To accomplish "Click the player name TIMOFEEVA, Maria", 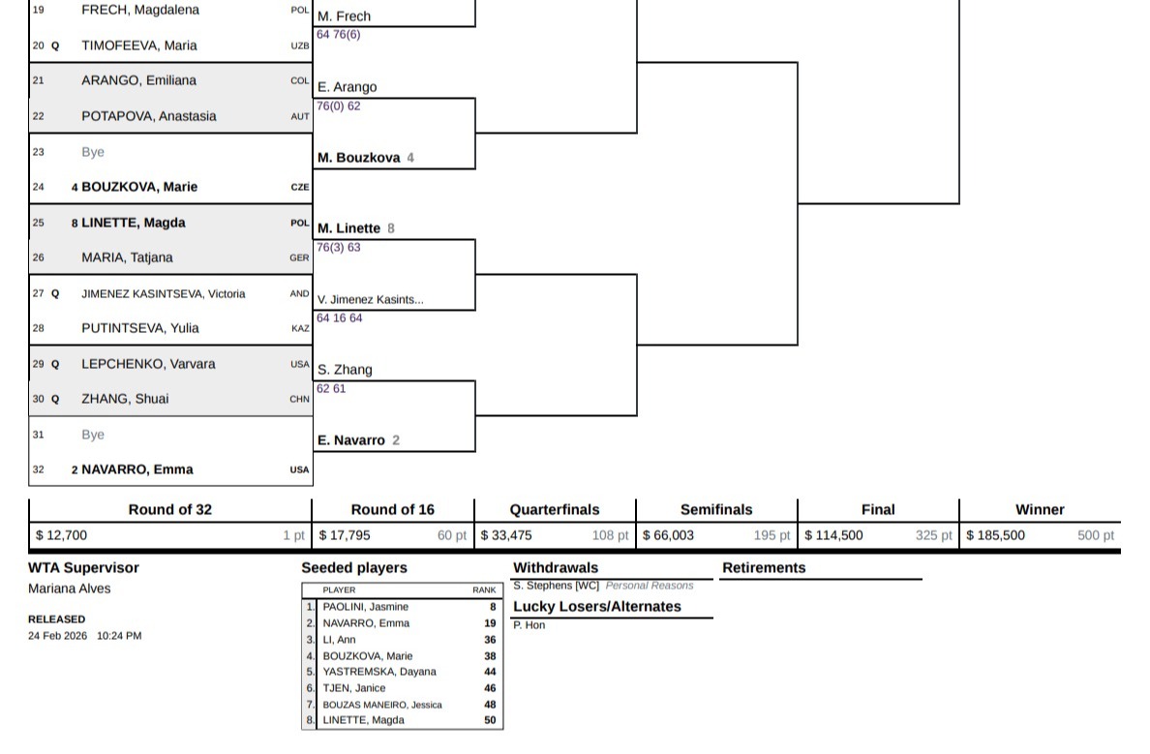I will click(138, 45).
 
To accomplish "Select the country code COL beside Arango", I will click(300, 81).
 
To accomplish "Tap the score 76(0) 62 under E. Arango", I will click(338, 106).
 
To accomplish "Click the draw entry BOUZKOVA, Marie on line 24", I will click(139, 187).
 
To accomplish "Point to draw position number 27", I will click(39, 293).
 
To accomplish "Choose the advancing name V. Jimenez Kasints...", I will click(370, 300).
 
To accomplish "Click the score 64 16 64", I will click(339, 318).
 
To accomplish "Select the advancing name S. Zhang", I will click(345, 370).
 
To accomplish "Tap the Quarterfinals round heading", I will click(555, 510).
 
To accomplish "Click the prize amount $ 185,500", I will click(995, 535).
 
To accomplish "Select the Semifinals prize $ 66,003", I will click(669, 535).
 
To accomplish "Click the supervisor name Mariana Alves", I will click(70, 588).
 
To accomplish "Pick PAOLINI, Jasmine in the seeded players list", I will click(365, 607).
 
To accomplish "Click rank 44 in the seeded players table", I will click(490, 672).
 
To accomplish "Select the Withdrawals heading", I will click(556, 568).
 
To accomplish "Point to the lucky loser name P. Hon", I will click(529, 625).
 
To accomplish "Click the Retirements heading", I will click(764, 568).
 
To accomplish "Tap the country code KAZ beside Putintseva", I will click(300, 329).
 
